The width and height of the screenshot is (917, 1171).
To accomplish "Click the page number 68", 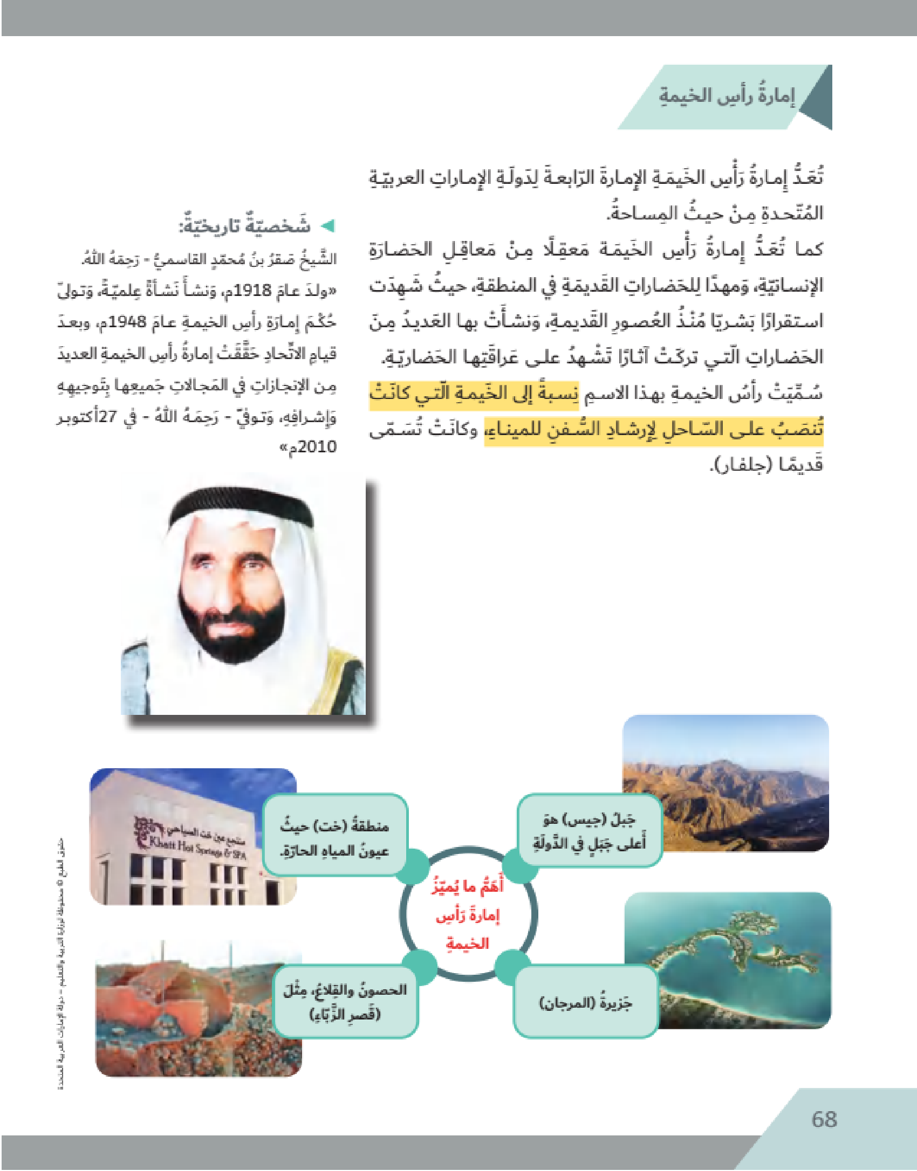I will (824, 1119).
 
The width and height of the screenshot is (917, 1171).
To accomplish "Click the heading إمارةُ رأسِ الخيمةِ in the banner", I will (727, 96).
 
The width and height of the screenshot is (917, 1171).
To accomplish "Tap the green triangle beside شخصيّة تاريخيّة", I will (327, 226).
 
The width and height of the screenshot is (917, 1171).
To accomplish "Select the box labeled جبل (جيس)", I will (589, 831).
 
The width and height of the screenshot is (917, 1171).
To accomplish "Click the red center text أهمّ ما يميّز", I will (468, 886).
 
